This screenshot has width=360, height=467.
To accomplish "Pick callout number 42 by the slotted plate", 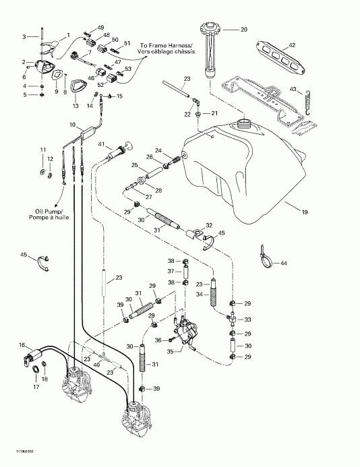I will [291, 44].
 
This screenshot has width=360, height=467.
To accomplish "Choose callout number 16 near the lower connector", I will [22, 344].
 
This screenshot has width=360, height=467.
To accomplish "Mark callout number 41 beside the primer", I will [102, 144].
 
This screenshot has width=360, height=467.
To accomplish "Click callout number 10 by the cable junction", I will [72, 125].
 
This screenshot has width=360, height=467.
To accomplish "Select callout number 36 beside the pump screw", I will [158, 341].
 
